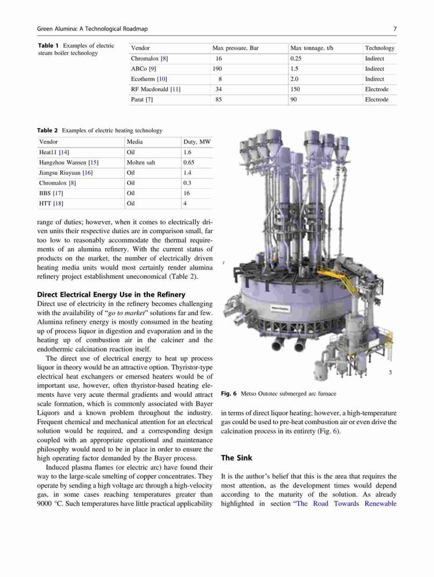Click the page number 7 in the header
point(395,29)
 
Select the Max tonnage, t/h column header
point(312,48)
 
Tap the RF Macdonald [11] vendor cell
point(156,89)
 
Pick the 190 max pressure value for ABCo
point(217,69)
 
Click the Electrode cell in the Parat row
point(376,99)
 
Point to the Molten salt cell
point(141,162)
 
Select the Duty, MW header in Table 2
point(197,142)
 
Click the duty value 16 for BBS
point(186,193)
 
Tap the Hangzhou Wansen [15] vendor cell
point(69,162)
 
